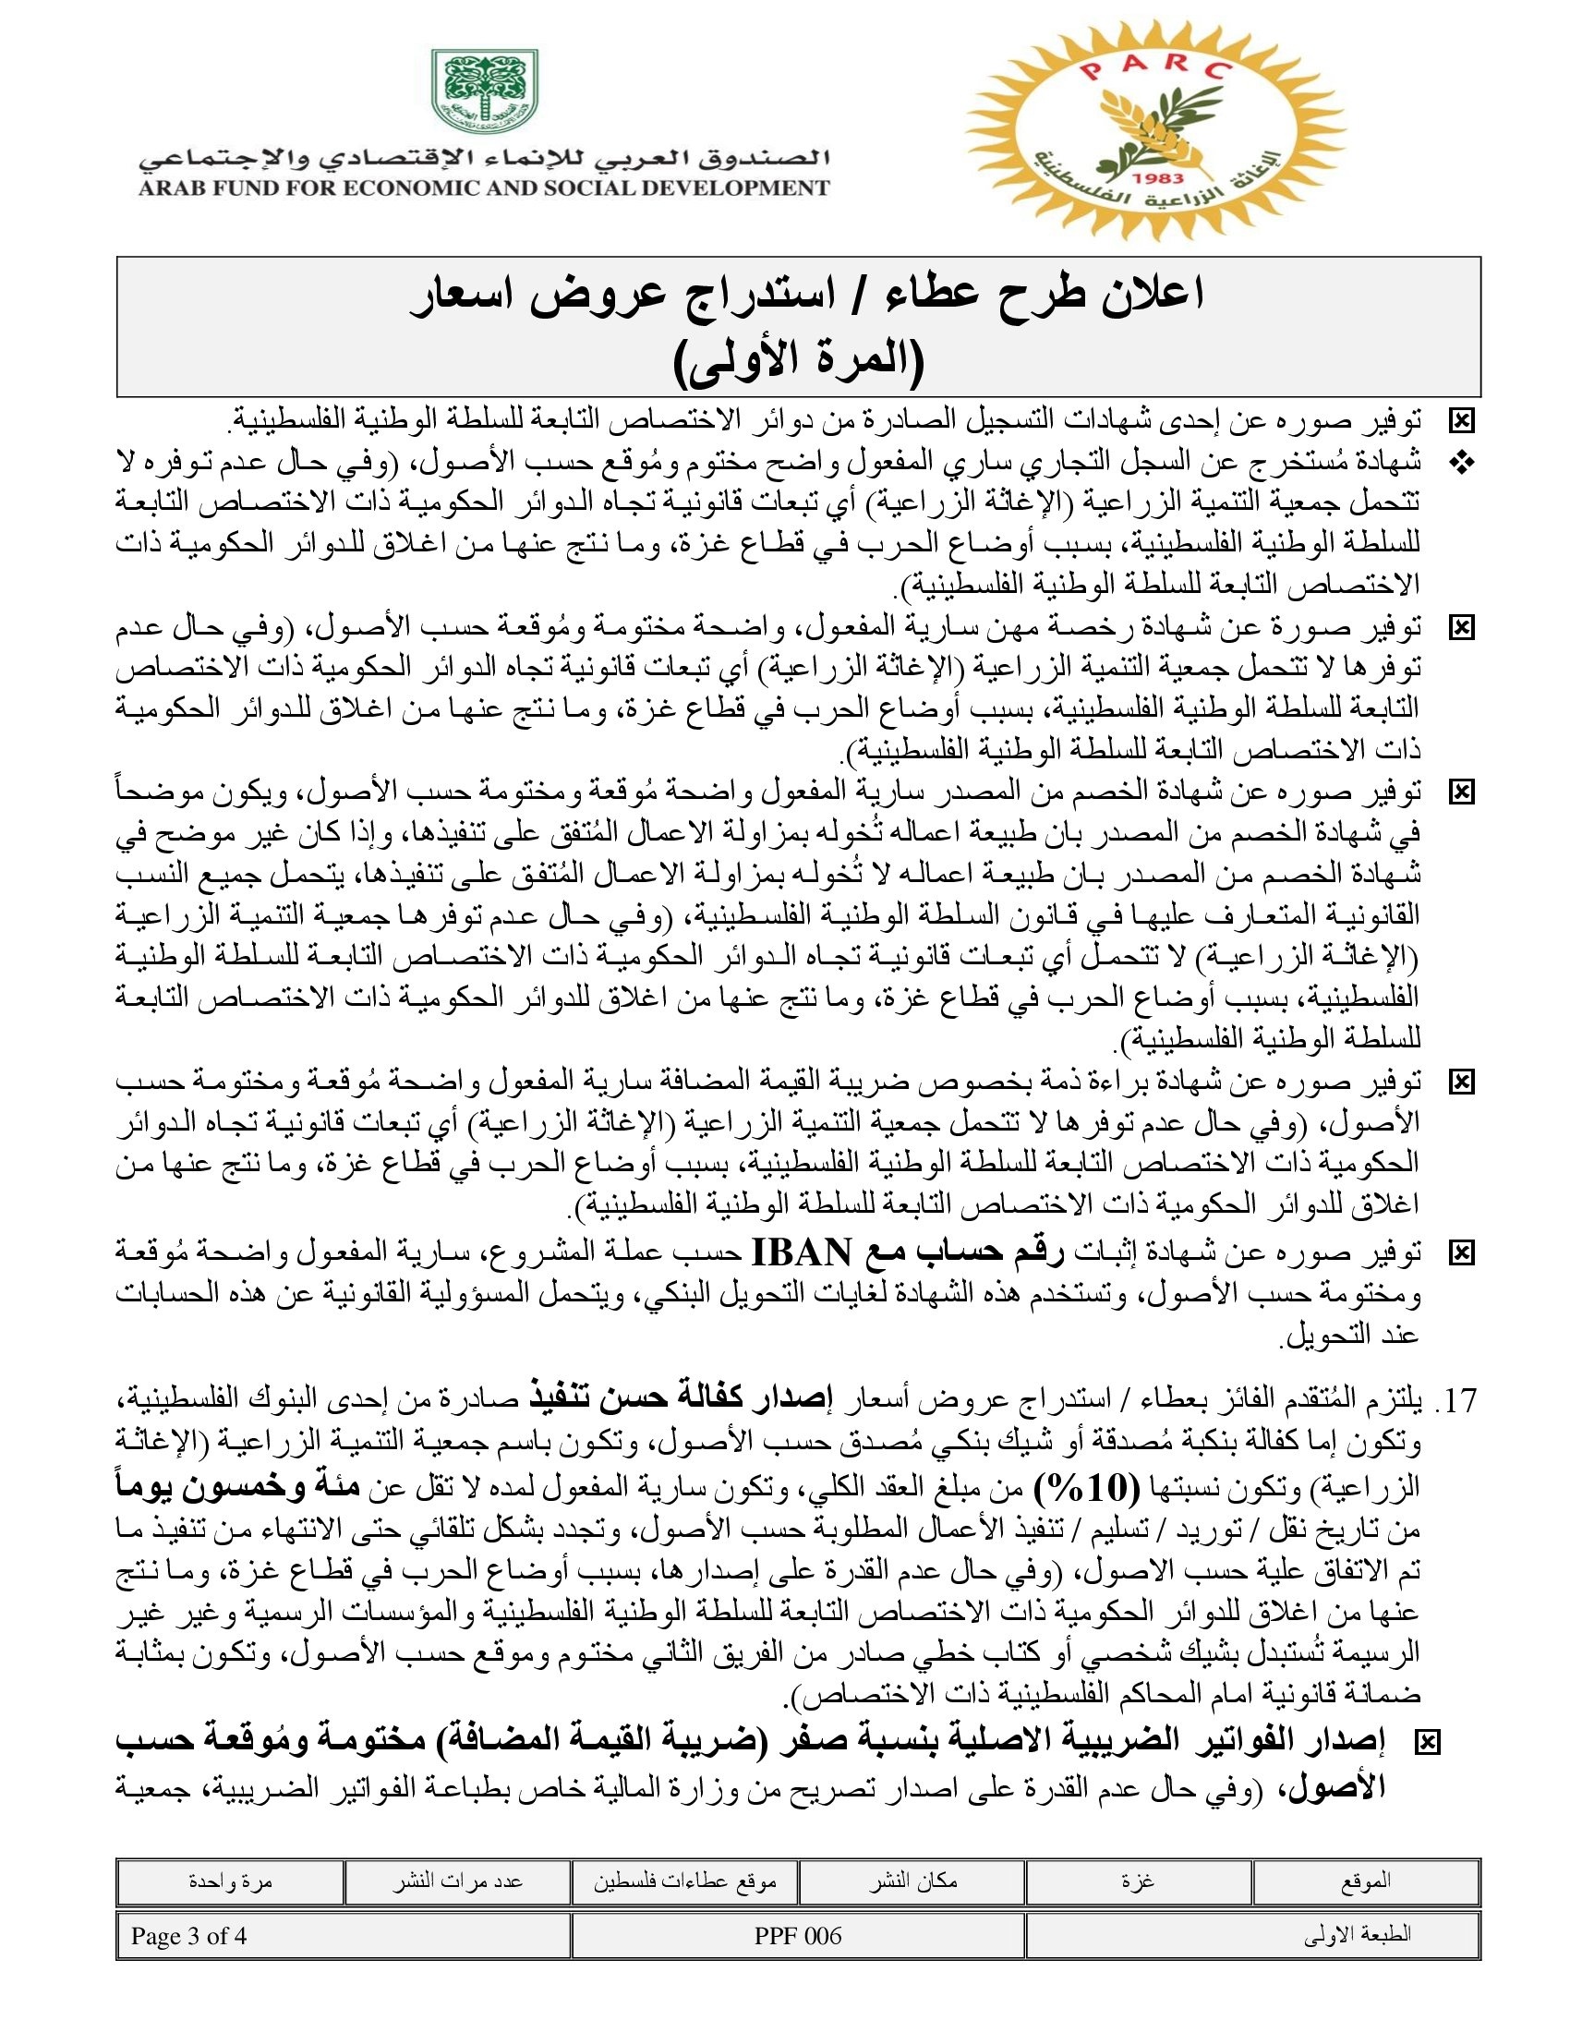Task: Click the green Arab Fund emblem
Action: point(484,91)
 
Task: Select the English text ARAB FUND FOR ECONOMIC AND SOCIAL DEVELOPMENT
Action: point(484,187)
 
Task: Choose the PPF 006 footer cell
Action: point(798,1935)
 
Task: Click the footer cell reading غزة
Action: point(1139,1881)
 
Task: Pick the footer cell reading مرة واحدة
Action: point(230,1881)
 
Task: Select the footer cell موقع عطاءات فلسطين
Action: point(684,1881)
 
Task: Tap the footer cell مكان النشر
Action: point(912,1881)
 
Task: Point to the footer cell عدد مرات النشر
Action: point(456,1881)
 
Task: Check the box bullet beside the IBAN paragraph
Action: point(1461,1253)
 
